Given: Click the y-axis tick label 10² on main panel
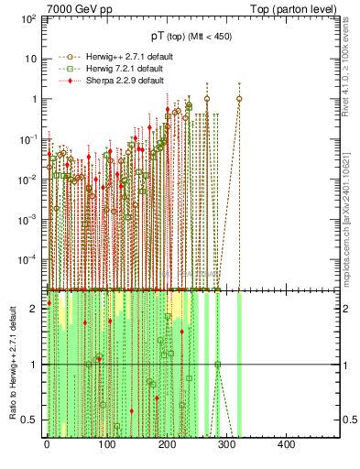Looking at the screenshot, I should tap(28, 18).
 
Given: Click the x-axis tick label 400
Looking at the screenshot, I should tap(285, 445).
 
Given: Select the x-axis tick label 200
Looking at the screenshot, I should tap(166, 445).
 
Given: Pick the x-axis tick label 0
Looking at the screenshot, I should tap(47, 445).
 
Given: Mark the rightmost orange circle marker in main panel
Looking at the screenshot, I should tap(239, 99).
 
